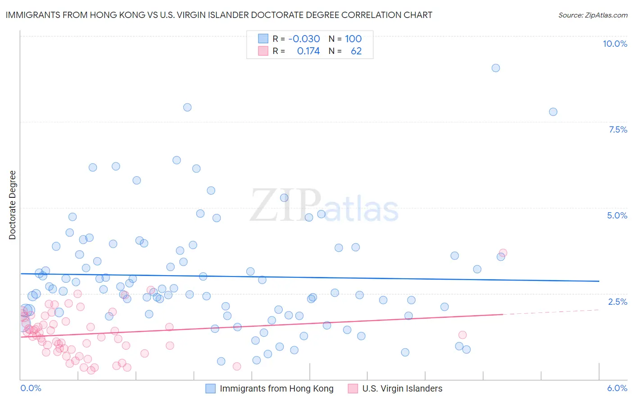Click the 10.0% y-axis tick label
tap(615, 44)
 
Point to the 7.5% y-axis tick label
tap(618, 129)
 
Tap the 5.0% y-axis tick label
tap(617, 215)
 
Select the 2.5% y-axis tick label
tap(617, 302)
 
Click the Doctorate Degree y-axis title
tap(13, 205)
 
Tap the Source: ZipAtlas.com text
tap(592, 15)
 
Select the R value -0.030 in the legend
tap(304, 39)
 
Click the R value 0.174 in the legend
tap(308, 51)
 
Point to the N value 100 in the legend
tap(353, 39)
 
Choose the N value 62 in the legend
tap(356, 51)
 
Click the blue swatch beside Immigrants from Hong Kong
tap(210, 388)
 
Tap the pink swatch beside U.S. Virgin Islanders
tap(353, 388)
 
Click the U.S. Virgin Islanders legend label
tap(402, 388)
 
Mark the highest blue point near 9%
tap(496, 68)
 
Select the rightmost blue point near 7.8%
tap(553, 112)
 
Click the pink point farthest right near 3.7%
tap(503, 253)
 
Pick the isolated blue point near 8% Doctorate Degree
tap(187, 107)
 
